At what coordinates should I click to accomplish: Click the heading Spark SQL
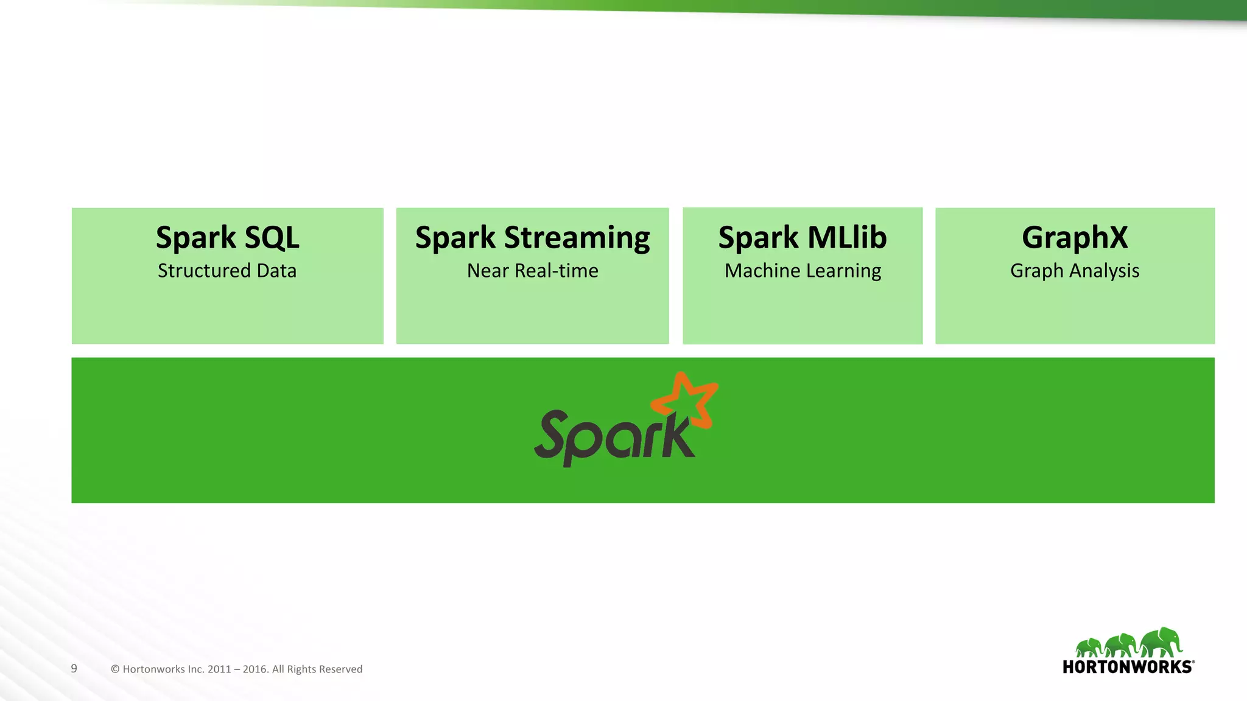227,238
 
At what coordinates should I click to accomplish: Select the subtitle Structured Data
227,271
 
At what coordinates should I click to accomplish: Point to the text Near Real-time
532,271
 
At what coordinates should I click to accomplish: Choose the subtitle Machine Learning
803,271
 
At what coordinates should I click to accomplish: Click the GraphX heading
1075,238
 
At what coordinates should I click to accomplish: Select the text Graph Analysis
1075,271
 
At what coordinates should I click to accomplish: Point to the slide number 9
74,668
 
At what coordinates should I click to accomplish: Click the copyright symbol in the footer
115,669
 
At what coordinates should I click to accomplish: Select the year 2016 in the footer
255,669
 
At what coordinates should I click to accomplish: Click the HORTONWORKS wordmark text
1128,667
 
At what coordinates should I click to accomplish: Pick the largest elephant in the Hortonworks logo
1162,642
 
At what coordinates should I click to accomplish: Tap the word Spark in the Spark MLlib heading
758,238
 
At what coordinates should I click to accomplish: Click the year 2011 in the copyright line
219,669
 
